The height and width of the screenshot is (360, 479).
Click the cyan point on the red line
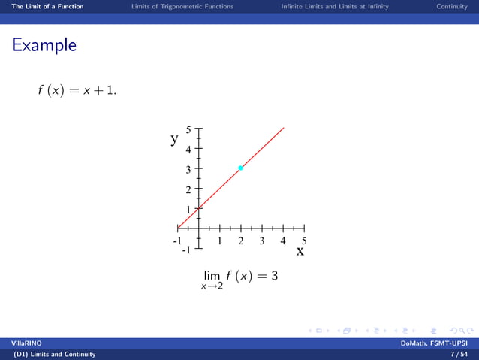pos(240,168)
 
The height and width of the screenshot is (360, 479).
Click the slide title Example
pos(44,45)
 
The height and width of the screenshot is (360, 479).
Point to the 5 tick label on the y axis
pos(188,129)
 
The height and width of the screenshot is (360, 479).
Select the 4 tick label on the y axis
pos(188,149)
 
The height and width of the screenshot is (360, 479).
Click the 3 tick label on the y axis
pos(188,169)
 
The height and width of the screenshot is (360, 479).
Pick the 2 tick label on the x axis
pos(240,241)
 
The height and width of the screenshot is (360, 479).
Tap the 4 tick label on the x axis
pos(283,241)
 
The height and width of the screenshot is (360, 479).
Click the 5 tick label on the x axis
pos(304,241)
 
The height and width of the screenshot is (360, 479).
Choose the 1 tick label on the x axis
pos(219,241)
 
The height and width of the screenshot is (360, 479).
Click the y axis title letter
pos(174,138)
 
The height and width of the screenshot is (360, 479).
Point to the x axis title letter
pos(300,252)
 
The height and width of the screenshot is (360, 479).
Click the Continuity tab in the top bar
pos(453,6)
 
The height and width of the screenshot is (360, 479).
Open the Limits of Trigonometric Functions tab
pos(182,6)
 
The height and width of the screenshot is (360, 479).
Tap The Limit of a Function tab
pos(42,6)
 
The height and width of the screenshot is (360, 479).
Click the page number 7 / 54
pos(456,354)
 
